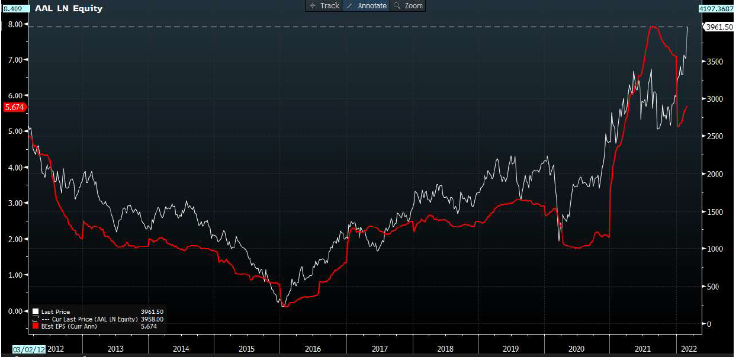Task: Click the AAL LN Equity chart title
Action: [x=69, y=8]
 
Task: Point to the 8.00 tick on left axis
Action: [x=15, y=24]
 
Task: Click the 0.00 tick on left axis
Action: [x=15, y=311]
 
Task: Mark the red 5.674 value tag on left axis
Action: [x=13, y=107]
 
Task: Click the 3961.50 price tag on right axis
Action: [x=719, y=27]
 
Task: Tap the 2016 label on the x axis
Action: [x=312, y=348]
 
